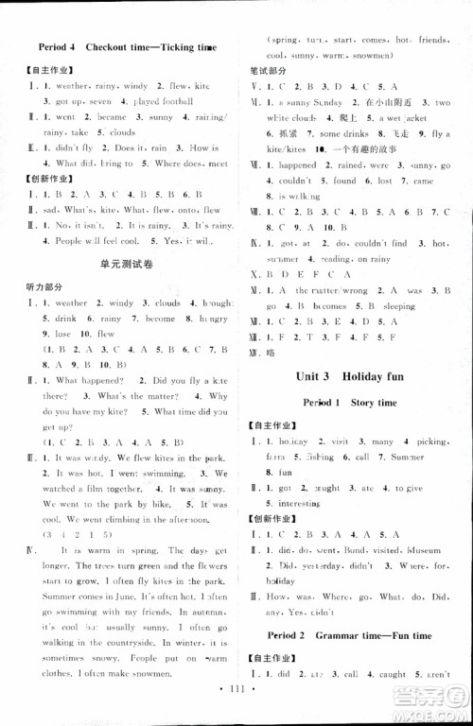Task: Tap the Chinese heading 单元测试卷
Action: point(126,266)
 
